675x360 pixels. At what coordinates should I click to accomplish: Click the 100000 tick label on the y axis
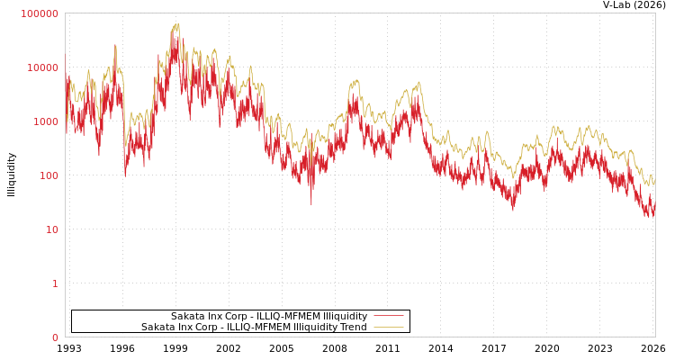coord(40,13)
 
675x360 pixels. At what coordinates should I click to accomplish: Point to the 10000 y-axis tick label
coord(42,67)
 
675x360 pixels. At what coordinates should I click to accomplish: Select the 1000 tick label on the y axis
coord(44,121)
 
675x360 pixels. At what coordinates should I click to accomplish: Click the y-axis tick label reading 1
coord(54,283)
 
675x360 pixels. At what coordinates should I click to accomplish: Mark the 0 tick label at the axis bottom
coord(54,337)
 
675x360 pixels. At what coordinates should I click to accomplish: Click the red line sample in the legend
coord(388,316)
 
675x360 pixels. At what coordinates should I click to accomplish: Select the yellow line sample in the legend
coord(388,328)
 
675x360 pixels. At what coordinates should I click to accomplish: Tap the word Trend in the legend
coord(353,328)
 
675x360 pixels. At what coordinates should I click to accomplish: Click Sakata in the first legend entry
coord(188,316)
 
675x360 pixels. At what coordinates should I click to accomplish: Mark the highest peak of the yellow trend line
coord(177,24)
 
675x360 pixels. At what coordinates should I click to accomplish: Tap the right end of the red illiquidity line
coord(654,212)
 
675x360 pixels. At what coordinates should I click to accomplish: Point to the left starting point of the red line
coord(65,54)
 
